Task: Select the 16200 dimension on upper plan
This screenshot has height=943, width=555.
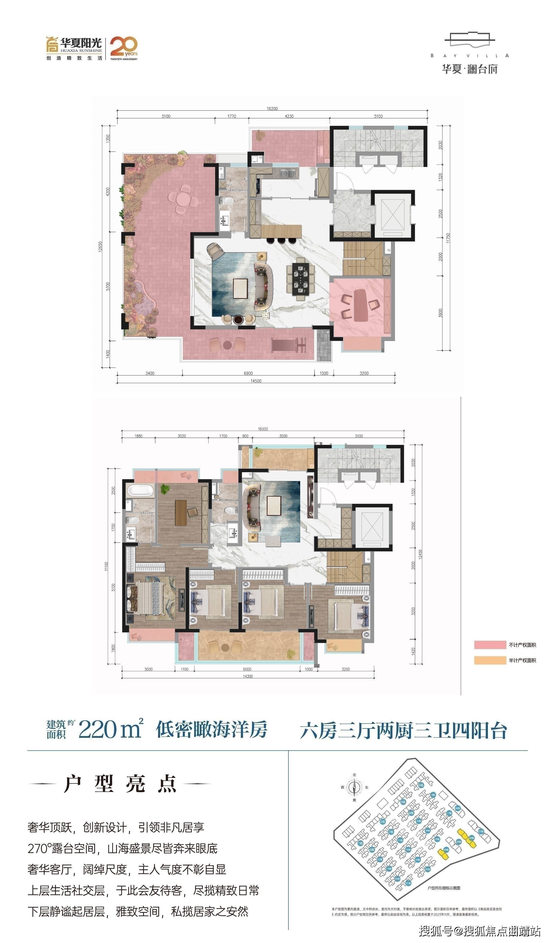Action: point(272,108)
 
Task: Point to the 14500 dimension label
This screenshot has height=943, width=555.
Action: point(256,381)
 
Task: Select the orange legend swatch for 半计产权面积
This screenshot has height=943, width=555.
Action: point(489,660)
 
